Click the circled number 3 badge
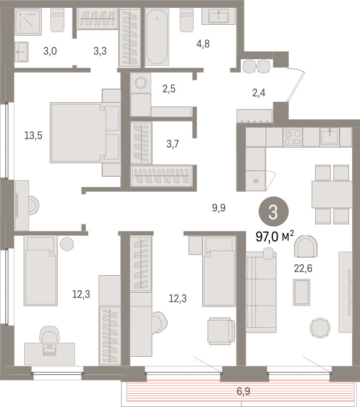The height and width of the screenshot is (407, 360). (273, 212)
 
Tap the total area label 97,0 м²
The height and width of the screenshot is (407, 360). (275, 236)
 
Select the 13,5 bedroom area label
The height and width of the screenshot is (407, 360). (33, 135)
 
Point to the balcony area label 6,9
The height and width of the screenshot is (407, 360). (243, 391)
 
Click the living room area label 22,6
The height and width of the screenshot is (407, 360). (303, 269)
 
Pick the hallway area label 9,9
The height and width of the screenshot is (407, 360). (218, 208)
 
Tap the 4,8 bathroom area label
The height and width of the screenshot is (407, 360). (203, 44)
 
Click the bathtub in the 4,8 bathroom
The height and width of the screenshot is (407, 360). (157, 37)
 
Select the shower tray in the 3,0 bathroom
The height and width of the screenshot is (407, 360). (28, 22)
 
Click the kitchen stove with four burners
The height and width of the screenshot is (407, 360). (293, 137)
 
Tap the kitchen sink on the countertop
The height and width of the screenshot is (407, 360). (330, 137)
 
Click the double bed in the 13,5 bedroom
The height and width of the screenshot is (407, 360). (85, 132)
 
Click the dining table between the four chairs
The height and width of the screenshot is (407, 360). (332, 194)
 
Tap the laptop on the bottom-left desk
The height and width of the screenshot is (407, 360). (50, 350)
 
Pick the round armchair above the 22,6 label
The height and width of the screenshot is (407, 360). (306, 246)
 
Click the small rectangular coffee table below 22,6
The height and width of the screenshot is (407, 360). (301, 292)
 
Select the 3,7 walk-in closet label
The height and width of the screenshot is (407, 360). (172, 144)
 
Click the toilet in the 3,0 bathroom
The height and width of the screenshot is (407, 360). (57, 20)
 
